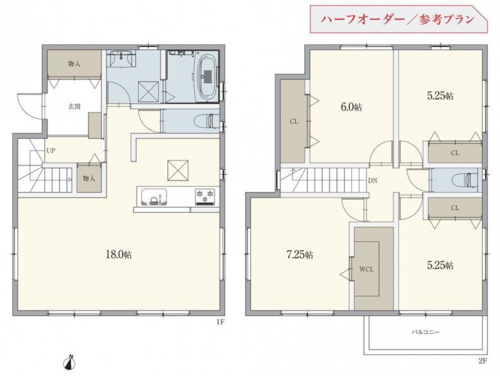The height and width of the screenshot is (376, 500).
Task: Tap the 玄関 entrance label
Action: click(x=74, y=107)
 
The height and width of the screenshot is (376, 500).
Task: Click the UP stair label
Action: click(x=52, y=151)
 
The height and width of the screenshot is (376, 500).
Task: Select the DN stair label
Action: click(x=373, y=180)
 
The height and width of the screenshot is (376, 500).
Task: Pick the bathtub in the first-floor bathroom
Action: click(x=206, y=74)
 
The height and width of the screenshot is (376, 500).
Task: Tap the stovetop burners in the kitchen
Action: click(x=206, y=195)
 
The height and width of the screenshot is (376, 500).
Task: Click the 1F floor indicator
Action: click(x=220, y=322)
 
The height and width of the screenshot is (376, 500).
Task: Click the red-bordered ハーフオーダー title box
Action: click(x=397, y=19)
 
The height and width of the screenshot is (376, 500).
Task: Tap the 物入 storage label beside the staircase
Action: click(x=87, y=177)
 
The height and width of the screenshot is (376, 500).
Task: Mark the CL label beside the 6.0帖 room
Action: click(x=294, y=121)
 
